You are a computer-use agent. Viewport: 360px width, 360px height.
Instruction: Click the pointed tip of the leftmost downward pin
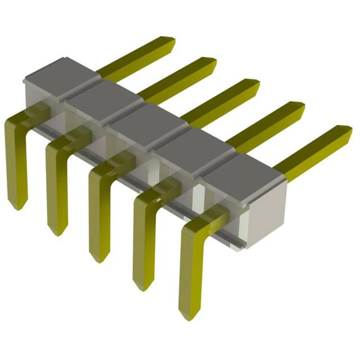[x=17, y=207]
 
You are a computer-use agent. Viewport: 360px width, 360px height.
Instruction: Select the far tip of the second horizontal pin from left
[x=213, y=62]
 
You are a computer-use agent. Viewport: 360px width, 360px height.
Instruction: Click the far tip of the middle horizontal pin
[x=256, y=84]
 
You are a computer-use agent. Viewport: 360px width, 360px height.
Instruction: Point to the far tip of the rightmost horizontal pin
[x=348, y=131]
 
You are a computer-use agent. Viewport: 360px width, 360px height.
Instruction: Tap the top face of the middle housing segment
[x=147, y=120]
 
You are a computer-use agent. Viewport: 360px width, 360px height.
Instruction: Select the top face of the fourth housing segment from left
[x=193, y=145]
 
